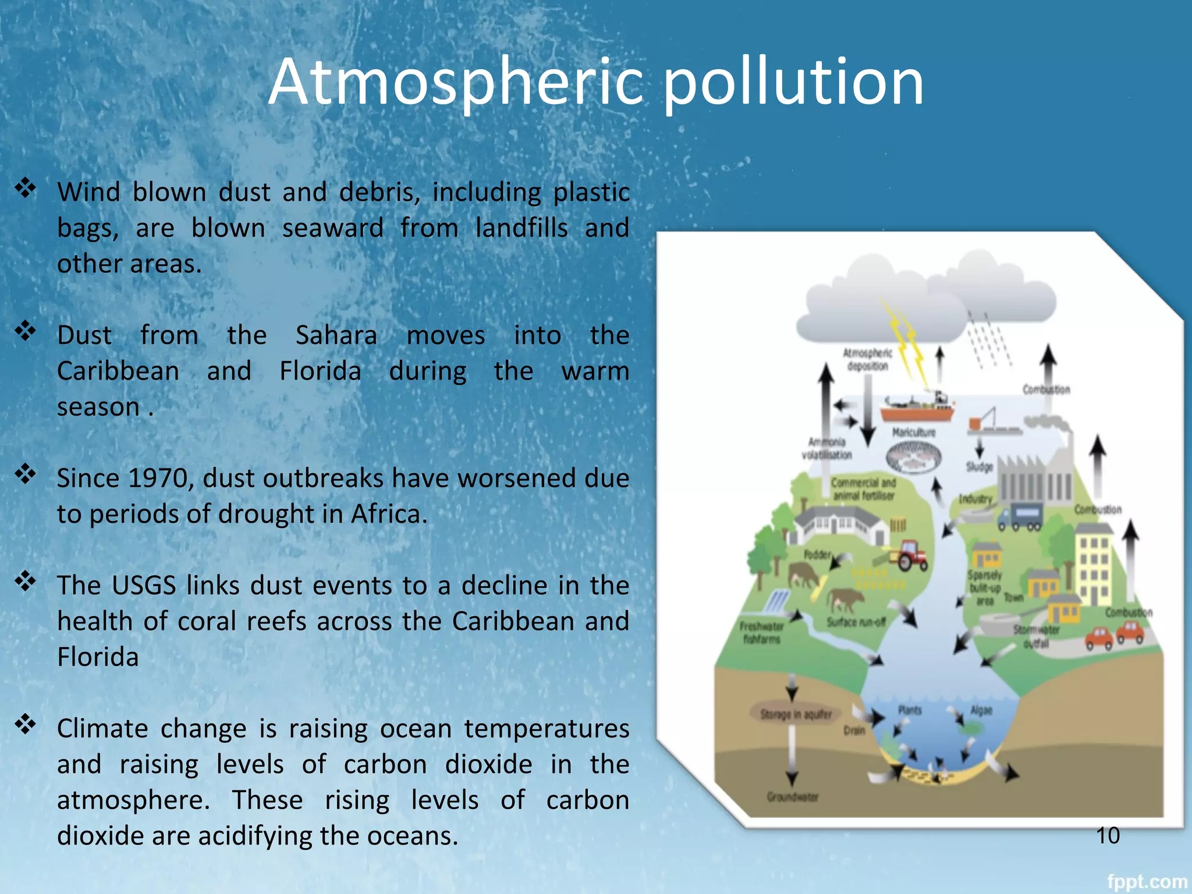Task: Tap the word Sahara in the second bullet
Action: pos(336,335)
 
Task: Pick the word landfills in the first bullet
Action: pos(521,228)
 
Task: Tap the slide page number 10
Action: pos(1108,836)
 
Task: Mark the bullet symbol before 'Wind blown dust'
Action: pos(26,188)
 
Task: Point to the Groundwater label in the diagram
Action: pos(792,797)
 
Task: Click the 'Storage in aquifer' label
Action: pos(796,714)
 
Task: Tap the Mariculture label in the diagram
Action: pos(914,432)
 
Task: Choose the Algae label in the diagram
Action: pos(981,710)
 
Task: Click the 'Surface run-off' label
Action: pos(856,622)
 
